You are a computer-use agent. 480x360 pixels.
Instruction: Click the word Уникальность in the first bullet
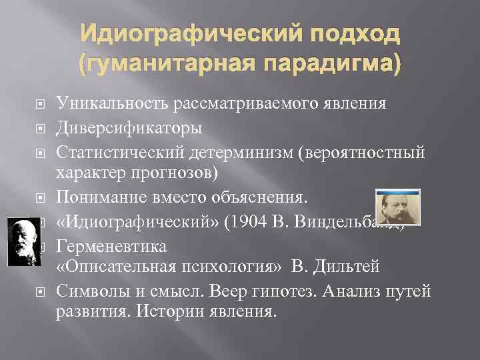coord(114,103)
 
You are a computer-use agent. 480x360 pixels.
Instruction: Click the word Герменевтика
coord(111,245)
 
